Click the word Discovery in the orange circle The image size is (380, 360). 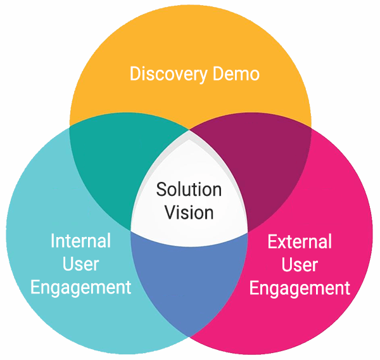tap(167, 74)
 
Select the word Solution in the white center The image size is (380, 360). tap(189, 190)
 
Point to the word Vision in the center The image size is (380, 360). tap(189, 212)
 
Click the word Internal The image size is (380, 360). tap(80, 241)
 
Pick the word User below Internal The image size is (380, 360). tap(80, 264)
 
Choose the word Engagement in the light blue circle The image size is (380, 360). tap(80, 287)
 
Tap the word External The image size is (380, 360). tap(300, 241)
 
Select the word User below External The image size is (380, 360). tap(300, 264)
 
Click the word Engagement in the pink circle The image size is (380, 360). tap(300, 288)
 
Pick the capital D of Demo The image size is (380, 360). tap(215, 74)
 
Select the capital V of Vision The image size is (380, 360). tap(170, 212)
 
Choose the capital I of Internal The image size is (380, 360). tap(53, 241)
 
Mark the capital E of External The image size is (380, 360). tap(272, 241)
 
